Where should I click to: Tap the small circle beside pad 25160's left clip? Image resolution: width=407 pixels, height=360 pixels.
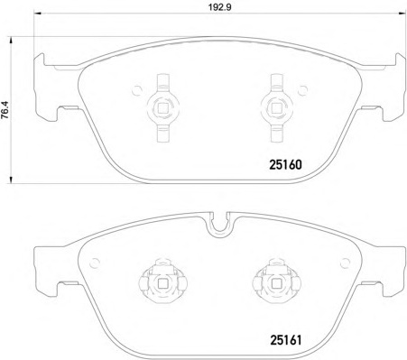137,90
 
